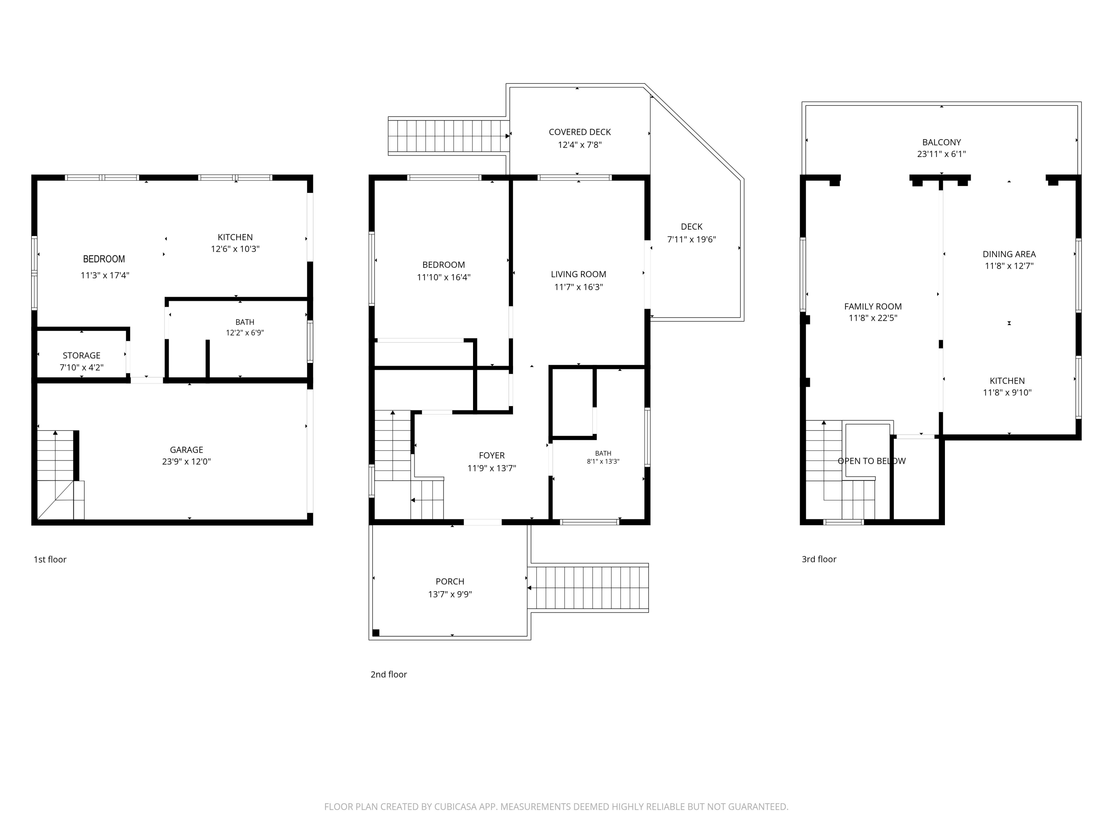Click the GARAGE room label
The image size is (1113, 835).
pyautogui.click(x=187, y=450)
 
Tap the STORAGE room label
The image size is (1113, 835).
pyautogui.click(x=82, y=356)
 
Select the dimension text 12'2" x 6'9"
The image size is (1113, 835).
pyautogui.click(x=245, y=333)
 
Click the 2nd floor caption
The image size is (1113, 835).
pyautogui.click(x=389, y=674)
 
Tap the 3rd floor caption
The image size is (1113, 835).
pyautogui.click(x=819, y=559)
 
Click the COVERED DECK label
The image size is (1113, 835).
pyautogui.click(x=580, y=132)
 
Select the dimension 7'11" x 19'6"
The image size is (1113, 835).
pyautogui.click(x=691, y=240)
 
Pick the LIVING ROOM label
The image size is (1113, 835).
pyautogui.click(x=579, y=274)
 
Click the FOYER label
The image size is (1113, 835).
pyautogui.click(x=492, y=455)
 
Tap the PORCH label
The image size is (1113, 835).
pyautogui.click(x=450, y=581)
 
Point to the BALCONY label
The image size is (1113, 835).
pyautogui.click(x=942, y=143)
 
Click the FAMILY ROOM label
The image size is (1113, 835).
pyautogui.click(x=873, y=307)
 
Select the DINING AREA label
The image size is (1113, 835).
pyautogui.click(x=1009, y=254)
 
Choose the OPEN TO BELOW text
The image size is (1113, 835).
pyautogui.click(x=872, y=461)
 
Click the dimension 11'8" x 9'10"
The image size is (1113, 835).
pyautogui.click(x=1007, y=393)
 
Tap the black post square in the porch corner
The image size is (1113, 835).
pyautogui.click(x=376, y=633)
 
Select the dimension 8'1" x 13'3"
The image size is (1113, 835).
pyautogui.click(x=603, y=462)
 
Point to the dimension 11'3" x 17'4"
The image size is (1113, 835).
pyautogui.click(x=105, y=275)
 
